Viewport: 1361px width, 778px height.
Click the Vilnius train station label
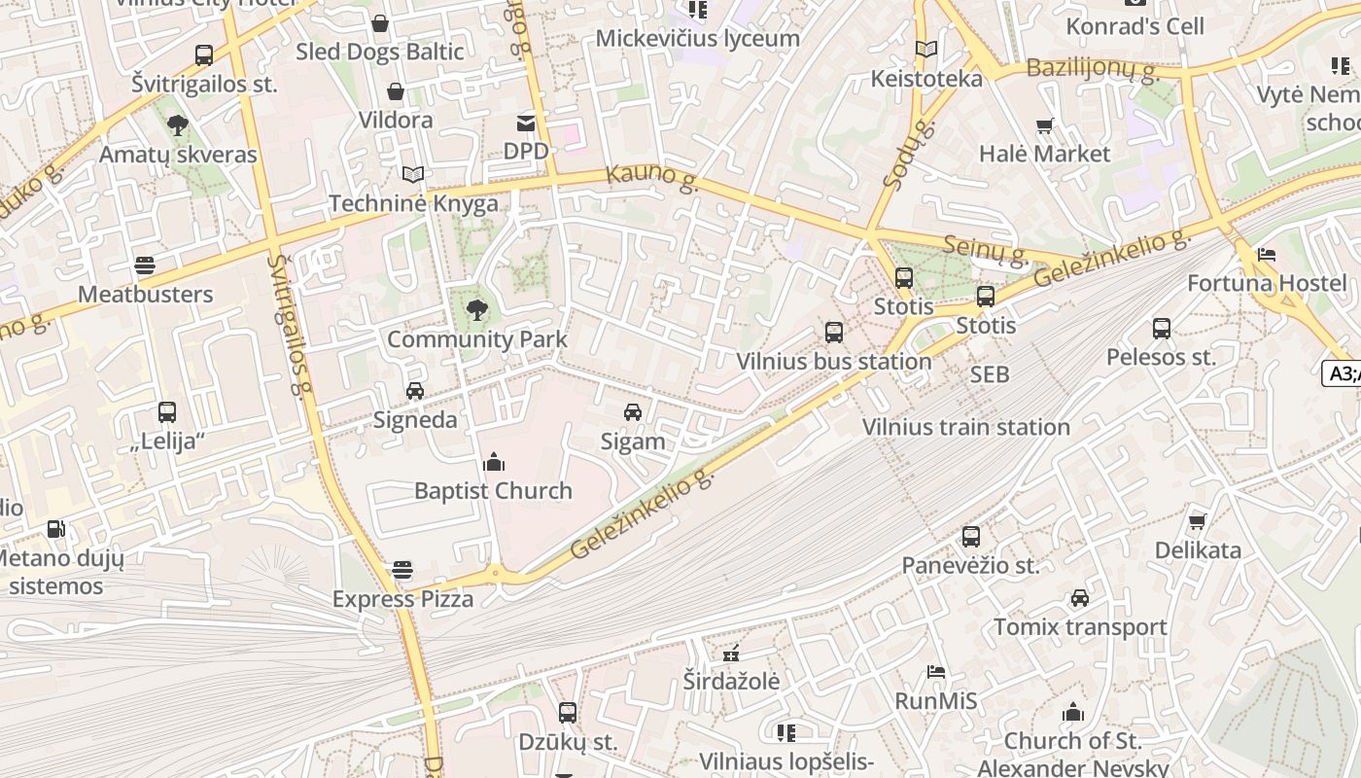coord(965,427)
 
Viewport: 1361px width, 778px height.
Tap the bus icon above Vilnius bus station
coord(833,333)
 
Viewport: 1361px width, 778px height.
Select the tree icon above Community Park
coord(476,310)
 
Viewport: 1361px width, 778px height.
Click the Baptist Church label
coord(493,490)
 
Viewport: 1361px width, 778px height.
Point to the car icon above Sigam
coord(633,412)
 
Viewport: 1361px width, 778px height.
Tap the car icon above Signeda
coord(415,391)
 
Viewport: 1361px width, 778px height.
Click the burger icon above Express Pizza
coord(402,570)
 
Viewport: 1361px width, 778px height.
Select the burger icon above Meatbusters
coord(145,265)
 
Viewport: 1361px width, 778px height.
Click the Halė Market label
coord(1044,154)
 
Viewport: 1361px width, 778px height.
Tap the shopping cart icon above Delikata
coord(1198,521)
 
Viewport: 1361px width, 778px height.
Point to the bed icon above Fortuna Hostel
coord(1266,255)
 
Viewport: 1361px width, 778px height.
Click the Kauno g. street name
coord(651,177)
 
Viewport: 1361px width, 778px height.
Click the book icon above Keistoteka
coord(926,49)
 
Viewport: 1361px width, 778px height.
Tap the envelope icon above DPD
coord(526,123)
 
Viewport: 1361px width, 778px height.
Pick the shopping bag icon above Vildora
coord(396,91)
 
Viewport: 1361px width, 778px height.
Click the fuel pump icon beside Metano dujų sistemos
coord(56,529)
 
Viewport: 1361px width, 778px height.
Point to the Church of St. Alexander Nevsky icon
coord(1073,712)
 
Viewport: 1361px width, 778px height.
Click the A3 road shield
coord(1343,373)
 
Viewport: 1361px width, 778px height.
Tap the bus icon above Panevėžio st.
coord(970,537)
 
